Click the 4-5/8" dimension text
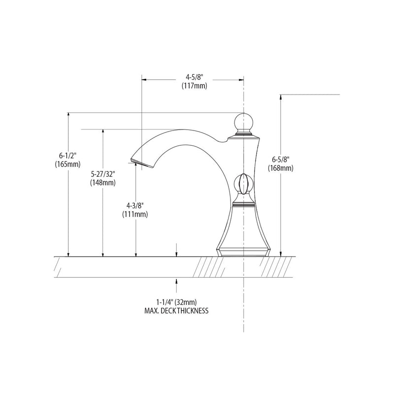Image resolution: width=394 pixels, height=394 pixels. (x=194, y=77)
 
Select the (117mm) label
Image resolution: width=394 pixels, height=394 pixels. (x=195, y=86)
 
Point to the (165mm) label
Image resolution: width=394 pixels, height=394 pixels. (x=67, y=164)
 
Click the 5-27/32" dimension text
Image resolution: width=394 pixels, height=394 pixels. (x=103, y=174)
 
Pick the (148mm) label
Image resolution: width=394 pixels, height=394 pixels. (x=103, y=183)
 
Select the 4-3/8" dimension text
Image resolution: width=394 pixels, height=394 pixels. (x=135, y=205)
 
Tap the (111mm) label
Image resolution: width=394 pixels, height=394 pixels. (x=135, y=214)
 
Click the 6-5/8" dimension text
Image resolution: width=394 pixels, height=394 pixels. (x=281, y=159)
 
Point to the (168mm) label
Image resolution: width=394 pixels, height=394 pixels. (x=281, y=168)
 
